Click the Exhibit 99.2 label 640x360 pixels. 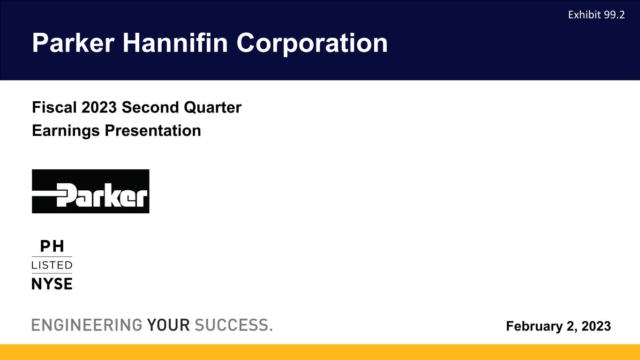(596, 15)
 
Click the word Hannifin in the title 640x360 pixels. (175, 43)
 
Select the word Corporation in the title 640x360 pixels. (312, 44)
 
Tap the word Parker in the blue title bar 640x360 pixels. (73, 43)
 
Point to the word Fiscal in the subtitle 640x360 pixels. (54, 107)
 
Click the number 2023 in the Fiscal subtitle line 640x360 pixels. (99, 107)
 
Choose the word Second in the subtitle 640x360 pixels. (151, 107)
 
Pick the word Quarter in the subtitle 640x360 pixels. (212, 108)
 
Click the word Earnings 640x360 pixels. (66, 131)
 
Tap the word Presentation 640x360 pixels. (153, 131)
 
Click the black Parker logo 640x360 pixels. (90, 191)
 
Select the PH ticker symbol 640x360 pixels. (52, 246)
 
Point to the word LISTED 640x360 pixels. (52, 265)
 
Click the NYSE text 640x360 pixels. (52, 284)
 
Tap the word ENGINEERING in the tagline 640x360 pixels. (87, 325)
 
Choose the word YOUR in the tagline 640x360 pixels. (168, 325)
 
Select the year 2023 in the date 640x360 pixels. (596, 326)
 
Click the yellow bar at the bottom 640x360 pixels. (320, 352)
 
